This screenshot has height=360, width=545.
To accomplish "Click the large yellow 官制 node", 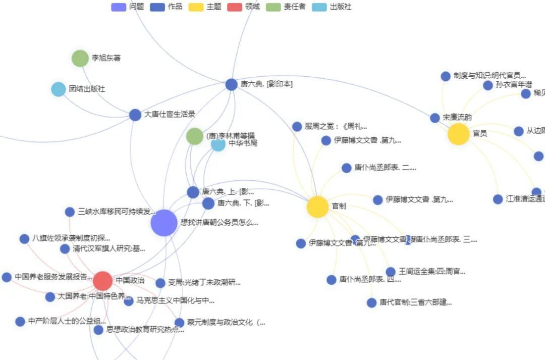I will click(x=318, y=207).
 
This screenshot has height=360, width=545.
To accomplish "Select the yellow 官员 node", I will click(x=459, y=134).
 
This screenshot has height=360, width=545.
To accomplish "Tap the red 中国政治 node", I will click(x=102, y=281).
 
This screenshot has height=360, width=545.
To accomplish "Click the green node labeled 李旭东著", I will click(x=80, y=58).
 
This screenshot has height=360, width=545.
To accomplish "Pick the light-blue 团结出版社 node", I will click(x=59, y=89).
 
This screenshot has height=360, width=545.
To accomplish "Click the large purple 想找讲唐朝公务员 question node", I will click(x=164, y=223).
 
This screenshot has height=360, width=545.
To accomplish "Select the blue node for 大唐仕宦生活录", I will click(x=135, y=115).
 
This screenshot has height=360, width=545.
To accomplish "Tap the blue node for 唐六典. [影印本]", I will click(x=231, y=84).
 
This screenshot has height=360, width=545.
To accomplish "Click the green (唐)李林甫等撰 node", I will click(x=194, y=136).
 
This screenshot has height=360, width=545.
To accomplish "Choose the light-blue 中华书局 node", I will click(x=218, y=144).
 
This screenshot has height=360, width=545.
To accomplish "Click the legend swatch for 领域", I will click(x=235, y=7).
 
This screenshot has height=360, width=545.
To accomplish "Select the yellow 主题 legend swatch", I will click(x=196, y=7).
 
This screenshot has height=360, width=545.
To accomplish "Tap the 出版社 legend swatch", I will click(x=319, y=7).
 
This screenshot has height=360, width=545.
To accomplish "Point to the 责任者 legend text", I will click(x=294, y=7).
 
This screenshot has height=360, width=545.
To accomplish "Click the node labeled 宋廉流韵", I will click(x=435, y=118).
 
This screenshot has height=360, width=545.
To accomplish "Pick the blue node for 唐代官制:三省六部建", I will click(x=372, y=302).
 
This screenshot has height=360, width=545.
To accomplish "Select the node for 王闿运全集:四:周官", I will click(x=391, y=272).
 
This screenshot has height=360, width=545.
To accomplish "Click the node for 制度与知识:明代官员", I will click(x=446, y=76).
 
